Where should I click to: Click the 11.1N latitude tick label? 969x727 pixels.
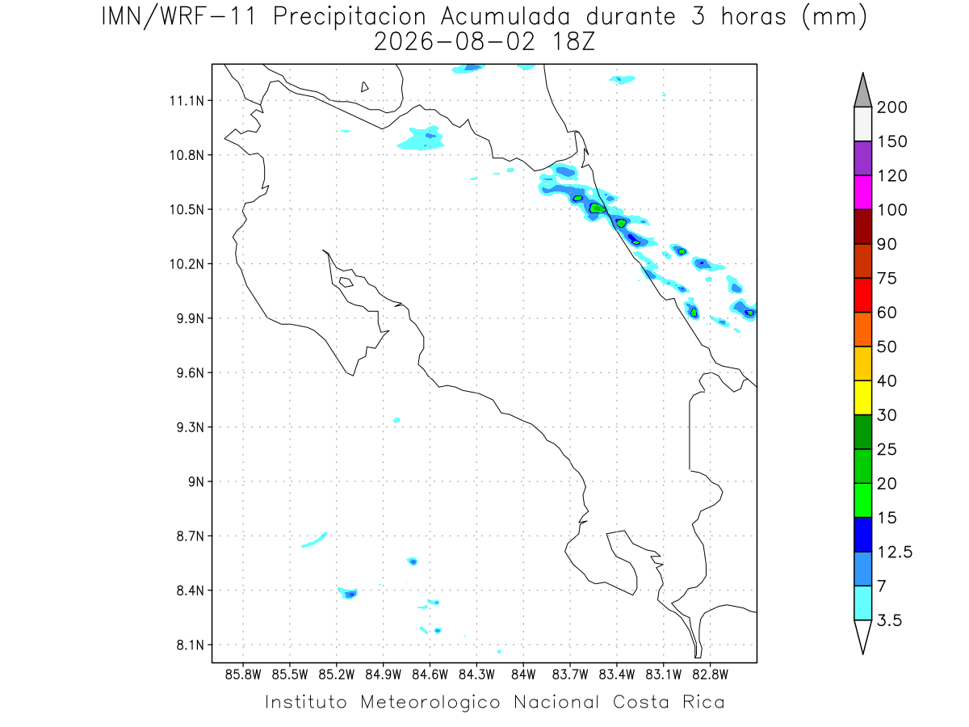click(x=187, y=101)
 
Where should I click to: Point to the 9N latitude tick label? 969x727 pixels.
click(x=196, y=481)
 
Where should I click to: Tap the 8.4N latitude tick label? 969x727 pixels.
click(x=191, y=590)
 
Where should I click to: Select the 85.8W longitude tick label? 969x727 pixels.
click(x=243, y=675)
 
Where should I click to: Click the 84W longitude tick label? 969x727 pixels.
click(x=523, y=675)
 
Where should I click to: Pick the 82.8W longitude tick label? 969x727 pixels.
click(x=710, y=675)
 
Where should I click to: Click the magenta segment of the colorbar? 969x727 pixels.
click(x=862, y=192)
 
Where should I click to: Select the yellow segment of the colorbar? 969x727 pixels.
click(x=862, y=397)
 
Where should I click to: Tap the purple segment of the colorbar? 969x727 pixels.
click(x=862, y=158)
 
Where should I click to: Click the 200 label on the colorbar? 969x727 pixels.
click(x=891, y=107)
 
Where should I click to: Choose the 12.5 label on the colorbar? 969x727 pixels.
click(x=895, y=553)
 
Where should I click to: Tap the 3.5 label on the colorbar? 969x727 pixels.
click(x=889, y=620)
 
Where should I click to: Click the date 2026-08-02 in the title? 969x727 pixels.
click(x=455, y=42)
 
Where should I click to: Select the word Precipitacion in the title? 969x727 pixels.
click(x=350, y=17)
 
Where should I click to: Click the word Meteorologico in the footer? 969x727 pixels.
click(x=430, y=703)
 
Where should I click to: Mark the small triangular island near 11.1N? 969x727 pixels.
click(x=363, y=88)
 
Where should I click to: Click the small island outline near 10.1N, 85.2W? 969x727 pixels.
click(x=346, y=282)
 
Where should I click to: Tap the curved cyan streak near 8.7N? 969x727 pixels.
click(x=314, y=540)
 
